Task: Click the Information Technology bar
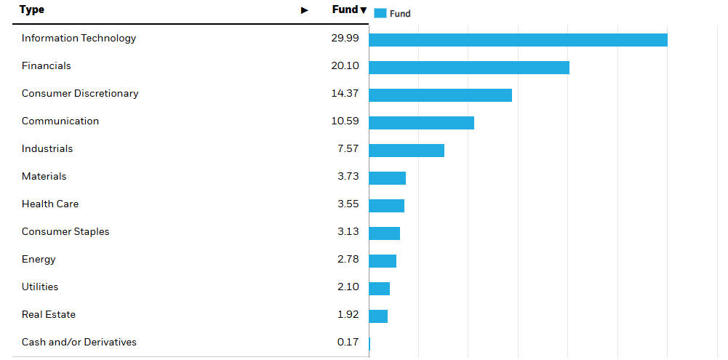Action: pos(518,39)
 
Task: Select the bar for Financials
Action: pos(469,67)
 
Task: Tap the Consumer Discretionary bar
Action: pos(440,95)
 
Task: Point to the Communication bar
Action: pos(421,122)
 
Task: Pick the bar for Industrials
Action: pos(407,150)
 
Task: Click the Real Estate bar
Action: pos(378,316)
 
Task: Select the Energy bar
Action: pos(383,260)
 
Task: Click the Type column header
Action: pos(32,9)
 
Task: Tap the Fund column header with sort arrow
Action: pos(349,9)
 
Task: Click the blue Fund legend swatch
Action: pos(380,13)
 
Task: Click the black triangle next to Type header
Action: pos(305,10)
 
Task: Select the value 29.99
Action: pos(345,38)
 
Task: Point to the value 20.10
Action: pos(345,65)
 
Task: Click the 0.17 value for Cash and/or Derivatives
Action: pos(348,342)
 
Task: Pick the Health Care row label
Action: pos(50,204)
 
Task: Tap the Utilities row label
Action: pos(40,287)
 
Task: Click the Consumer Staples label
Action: pos(65,231)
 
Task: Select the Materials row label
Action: pos(44,176)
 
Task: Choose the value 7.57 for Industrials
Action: pos(348,148)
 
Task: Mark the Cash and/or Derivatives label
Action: pos(79,342)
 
